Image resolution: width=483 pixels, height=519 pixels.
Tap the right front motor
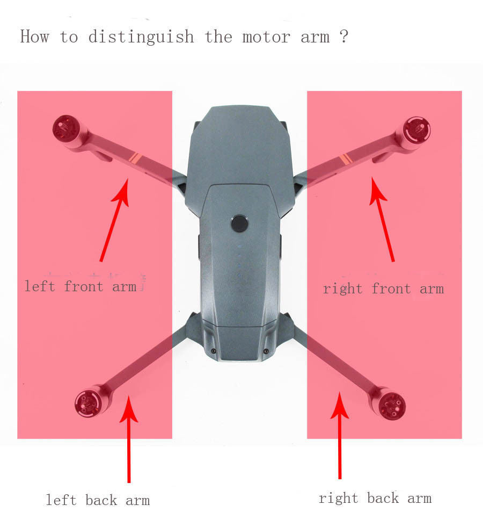point(416,129)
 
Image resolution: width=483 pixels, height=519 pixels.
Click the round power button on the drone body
point(240,223)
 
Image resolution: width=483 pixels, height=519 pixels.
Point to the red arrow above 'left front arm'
point(115,220)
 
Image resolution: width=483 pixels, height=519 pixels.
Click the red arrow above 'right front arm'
point(383,220)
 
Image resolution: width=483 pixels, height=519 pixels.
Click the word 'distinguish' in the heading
point(141,37)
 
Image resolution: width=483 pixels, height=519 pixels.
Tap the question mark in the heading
point(344,37)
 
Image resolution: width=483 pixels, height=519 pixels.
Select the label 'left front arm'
point(80,286)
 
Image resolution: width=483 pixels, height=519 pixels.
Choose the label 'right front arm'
point(383,289)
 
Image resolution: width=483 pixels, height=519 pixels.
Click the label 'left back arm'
point(98,500)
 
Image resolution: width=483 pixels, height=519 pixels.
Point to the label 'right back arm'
point(375,498)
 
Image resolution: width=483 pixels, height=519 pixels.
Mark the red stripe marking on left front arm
point(135,158)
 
